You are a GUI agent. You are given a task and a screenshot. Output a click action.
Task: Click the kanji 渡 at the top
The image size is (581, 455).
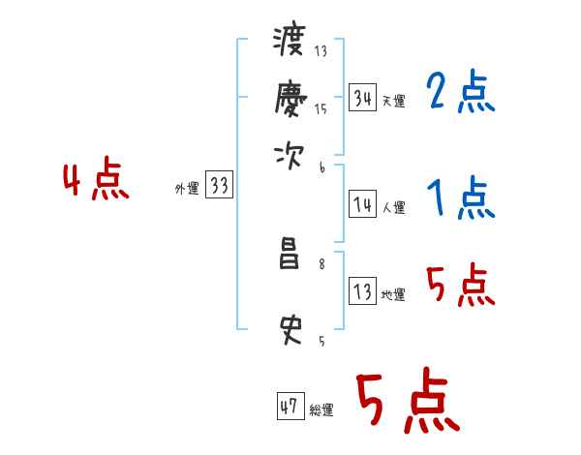point(290,42)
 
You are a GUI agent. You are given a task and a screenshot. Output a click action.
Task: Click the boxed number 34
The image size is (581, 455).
point(363,98)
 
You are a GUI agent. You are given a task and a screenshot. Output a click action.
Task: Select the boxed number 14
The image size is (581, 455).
point(363,204)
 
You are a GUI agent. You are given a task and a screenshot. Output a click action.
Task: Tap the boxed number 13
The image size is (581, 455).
point(363,292)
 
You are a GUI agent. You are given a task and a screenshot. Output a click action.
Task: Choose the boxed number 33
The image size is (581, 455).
point(219,187)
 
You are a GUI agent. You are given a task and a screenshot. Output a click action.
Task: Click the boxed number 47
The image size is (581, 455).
point(290,407)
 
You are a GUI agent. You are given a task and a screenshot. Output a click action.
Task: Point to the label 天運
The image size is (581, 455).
point(393,101)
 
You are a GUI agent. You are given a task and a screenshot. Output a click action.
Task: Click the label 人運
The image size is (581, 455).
point(393,207)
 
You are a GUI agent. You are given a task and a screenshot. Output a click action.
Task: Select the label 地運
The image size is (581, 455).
point(393,295)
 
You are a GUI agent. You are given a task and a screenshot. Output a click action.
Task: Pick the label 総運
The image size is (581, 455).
point(321,410)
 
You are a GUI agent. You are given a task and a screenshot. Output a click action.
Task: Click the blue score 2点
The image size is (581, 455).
point(460,93)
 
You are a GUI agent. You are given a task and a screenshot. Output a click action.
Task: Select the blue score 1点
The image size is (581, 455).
point(460,200)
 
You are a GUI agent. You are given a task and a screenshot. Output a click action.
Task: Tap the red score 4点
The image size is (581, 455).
point(96,181)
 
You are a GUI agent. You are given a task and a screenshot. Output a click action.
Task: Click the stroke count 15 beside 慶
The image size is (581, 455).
point(321,109)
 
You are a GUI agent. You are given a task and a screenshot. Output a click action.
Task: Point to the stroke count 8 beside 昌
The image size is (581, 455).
point(321,263)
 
